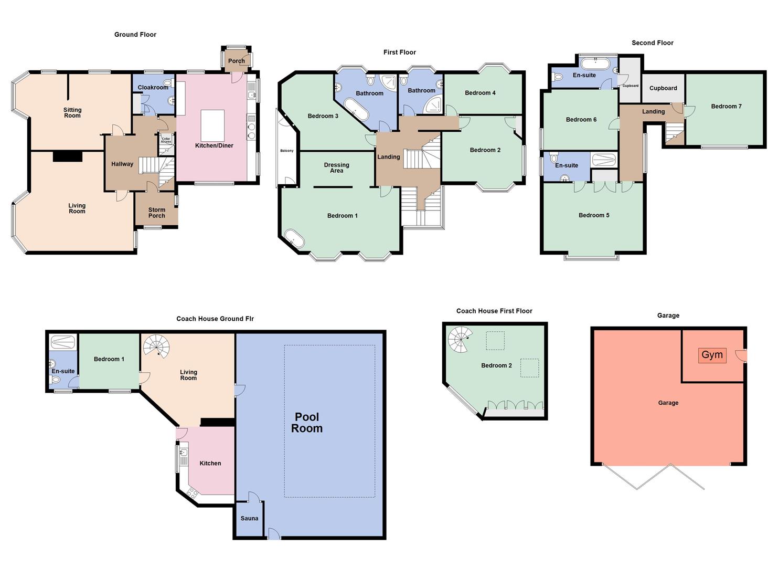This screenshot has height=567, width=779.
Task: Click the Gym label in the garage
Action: click(x=712, y=355)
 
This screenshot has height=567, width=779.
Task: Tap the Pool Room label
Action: click(x=307, y=423)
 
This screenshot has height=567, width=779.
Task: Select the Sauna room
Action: click(x=249, y=519)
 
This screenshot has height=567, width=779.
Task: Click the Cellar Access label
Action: click(x=166, y=140)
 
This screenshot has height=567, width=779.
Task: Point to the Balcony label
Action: click(x=287, y=151)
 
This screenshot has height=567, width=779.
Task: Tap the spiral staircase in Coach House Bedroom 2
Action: click(x=460, y=339)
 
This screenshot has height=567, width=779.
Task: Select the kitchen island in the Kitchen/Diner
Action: click(x=212, y=125)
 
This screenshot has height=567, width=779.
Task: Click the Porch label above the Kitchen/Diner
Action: click(x=237, y=61)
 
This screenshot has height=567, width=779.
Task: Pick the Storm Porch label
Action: click(x=156, y=213)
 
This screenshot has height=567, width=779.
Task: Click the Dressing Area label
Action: click(x=337, y=167)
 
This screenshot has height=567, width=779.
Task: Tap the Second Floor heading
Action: click(x=652, y=43)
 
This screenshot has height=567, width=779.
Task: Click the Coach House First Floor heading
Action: click(x=494, y=311)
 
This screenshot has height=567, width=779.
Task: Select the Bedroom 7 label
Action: click(x=726, y=107)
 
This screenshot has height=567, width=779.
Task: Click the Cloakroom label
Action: click(x=153, y=88)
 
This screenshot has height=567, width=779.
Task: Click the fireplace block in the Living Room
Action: click(x=67, y=156)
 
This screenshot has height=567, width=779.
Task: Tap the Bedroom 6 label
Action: click(x=581, y=120)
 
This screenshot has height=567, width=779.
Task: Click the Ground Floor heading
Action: click(x=135, y=35)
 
